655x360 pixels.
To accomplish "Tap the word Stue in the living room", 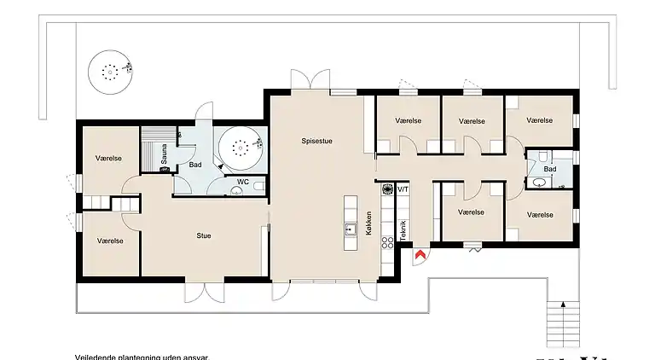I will pyautogui.click(x=204, y=235).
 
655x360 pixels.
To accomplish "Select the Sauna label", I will pyautogui.click(x=162, y=152).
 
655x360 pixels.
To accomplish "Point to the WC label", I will pyautogui.click(x=242, y=182).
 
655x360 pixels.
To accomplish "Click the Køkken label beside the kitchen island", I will pyautogui.click(x=368, y=224).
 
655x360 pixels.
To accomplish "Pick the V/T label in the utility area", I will pyautogui.click(x=403, y=189).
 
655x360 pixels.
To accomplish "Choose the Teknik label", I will pyautogui.click(x=403, y=230).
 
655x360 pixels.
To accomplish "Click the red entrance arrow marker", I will pyautogui.click(x=419, y=254).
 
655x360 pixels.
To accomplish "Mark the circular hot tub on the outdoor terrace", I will pyautogui.click(x=109, y=72).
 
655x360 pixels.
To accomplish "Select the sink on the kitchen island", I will pyautogui.click(x=349, y=229).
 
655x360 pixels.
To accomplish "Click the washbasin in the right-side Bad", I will pyautogui.click(x=538, y=182).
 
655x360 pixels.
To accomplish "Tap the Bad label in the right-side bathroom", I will pyautogui.click(x=550, y=169).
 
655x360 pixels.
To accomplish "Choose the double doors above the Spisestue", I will pyautogui.click(x=309, y=79).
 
